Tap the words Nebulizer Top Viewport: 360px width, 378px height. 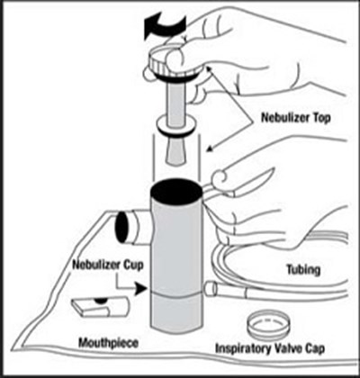pos(296,117)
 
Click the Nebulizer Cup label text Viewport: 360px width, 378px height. pos(108,265)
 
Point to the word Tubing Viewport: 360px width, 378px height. pos(303,270)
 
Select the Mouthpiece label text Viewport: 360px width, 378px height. pos(108,343)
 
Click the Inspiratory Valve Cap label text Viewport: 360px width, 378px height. pos(270,348)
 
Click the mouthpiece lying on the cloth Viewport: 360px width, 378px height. pos(99,307)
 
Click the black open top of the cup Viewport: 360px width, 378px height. pos(175,192)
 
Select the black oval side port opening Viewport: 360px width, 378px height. pos(122,227)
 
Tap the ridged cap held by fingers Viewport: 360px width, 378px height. pos(171,65)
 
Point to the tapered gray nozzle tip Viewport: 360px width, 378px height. pos(175,151)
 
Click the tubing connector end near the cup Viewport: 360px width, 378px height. pos(211,289)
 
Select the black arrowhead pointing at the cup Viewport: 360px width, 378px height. pos(140,289)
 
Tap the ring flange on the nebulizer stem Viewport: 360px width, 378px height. pos(176,127)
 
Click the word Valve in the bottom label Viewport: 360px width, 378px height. pos(284,348)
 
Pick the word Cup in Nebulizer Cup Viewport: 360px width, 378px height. pos(133,265)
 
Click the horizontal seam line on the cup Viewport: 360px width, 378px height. pos(175,295)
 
